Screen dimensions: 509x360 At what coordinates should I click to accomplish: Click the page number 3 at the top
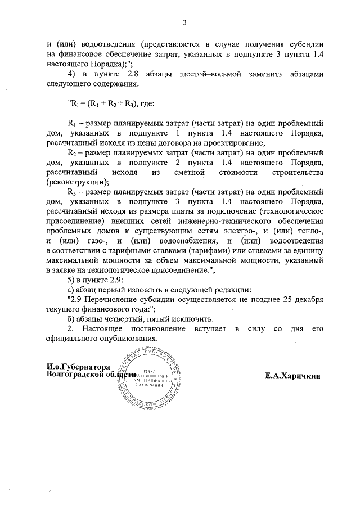coord(184,23)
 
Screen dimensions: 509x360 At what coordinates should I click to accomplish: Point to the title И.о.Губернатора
coord(78,366)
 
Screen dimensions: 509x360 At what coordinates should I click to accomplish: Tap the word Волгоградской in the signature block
coord(76,375)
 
